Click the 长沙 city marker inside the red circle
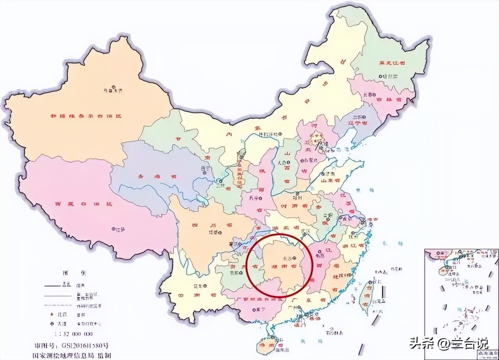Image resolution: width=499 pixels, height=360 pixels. pyautogui.click(x=295, y=258)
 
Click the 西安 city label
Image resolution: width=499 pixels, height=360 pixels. pyautogui.click(x=254, y=198)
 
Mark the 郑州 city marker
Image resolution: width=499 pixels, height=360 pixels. pyautogui.click(x=297, y=194)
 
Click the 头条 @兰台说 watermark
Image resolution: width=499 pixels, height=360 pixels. pyautogui.click(x=448, y=344)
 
